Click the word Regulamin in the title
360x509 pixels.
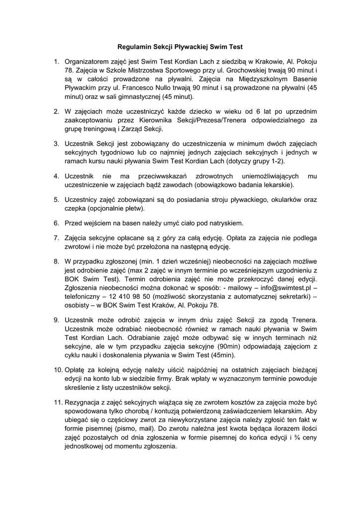coord(133,47)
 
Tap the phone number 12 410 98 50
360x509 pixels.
coord(125,297)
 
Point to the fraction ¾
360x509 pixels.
coord(297,437)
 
